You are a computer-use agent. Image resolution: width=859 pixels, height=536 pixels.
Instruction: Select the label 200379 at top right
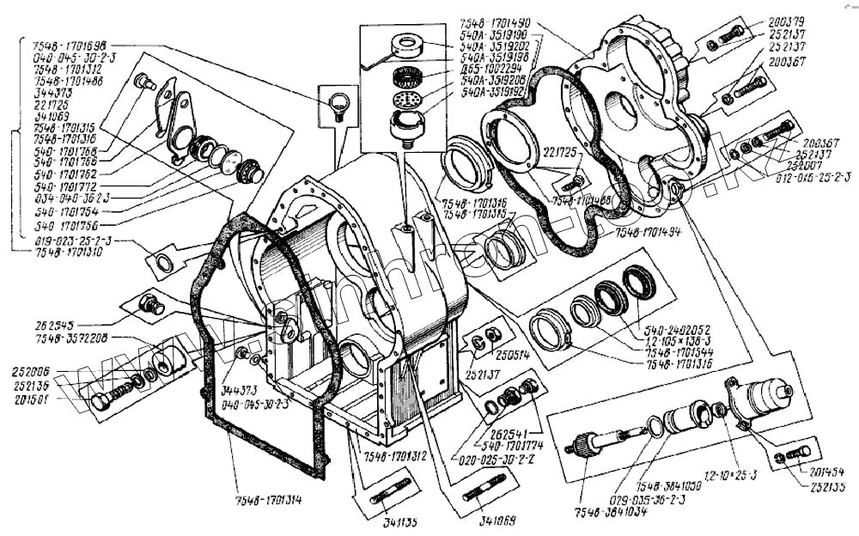pyautogui.click(x=786, y=23)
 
